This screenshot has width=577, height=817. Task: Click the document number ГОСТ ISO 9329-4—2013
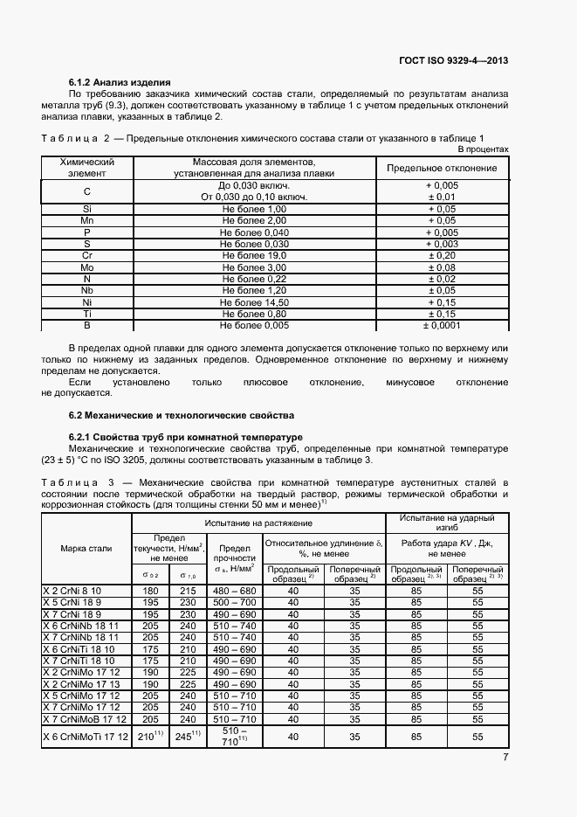453,60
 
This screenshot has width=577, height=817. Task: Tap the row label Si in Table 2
86,209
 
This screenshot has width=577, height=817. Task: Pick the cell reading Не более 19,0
253,255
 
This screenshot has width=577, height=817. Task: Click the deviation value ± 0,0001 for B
441,324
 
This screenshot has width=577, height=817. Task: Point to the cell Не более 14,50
253,301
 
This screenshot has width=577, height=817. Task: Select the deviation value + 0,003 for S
441,244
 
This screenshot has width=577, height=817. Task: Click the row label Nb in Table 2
86,289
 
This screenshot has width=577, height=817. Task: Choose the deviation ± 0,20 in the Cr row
441,255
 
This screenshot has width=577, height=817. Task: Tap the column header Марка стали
86,548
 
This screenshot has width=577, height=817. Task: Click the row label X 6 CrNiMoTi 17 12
86,737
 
